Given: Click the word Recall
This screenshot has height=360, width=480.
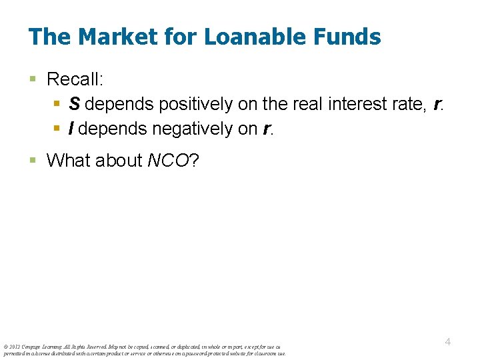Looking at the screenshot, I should (x=75, y=79).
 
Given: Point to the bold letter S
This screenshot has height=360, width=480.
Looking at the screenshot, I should (x=74, y=105).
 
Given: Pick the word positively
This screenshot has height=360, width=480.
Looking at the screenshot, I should (x=191, y=105).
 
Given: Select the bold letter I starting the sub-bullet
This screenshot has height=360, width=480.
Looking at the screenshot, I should (x=72, y=129).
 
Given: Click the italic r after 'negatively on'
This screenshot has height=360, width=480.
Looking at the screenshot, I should (x=267, y=129).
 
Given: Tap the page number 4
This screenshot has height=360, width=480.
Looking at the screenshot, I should (x=448, y=341).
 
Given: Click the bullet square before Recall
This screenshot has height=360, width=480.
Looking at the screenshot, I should (x=33, y=80).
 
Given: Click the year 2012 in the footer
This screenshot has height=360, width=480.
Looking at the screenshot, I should (x=14, y=347).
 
